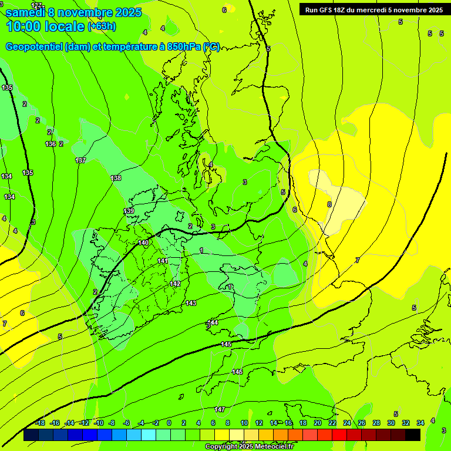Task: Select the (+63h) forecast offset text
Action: click(x=102, y=26)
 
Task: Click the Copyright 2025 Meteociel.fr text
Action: click(x=249, y=447)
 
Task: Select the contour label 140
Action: click(x=143, y=243)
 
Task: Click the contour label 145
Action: click(x=227, y=344)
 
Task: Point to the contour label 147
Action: click(x=220, y=409)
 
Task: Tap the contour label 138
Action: click(x=116, y=178)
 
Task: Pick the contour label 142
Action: click(x=175, y=284)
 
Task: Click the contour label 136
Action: click(x=51, y=144)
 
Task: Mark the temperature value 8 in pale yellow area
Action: click(x=329, y=204)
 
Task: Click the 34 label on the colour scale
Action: click(x=420, y=423)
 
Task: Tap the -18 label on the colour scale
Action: click(x=40, y=423)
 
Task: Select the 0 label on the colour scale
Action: click(x=169, y=423)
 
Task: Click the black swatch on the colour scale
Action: click(x=413, y=435)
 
